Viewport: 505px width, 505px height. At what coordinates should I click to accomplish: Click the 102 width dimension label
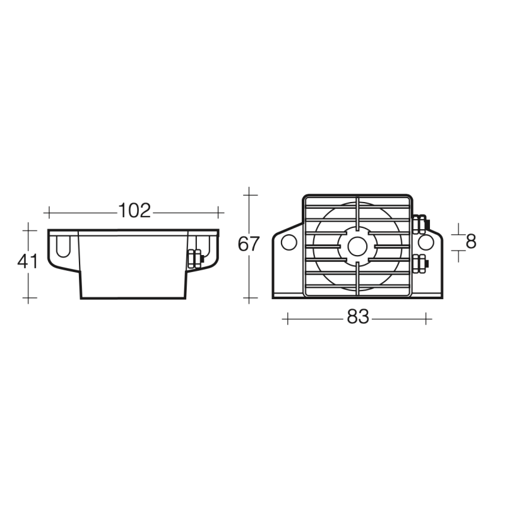point(134,211)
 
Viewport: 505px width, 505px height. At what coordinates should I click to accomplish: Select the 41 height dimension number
point(28,261)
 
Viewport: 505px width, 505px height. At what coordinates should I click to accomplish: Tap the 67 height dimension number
point(248,244)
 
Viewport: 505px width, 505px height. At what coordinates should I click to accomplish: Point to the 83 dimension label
point(358,317)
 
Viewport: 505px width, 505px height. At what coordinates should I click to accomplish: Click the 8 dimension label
point(471,242)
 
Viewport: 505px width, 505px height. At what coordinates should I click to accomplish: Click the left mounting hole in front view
point(289,242)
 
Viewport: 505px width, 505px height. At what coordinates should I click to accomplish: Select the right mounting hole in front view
point(427,242)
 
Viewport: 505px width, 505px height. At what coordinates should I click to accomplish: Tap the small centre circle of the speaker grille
point(357,246)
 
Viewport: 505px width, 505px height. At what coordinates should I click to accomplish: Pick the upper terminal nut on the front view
point(420,224)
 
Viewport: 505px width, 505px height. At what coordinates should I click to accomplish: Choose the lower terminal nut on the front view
point(420,263)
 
